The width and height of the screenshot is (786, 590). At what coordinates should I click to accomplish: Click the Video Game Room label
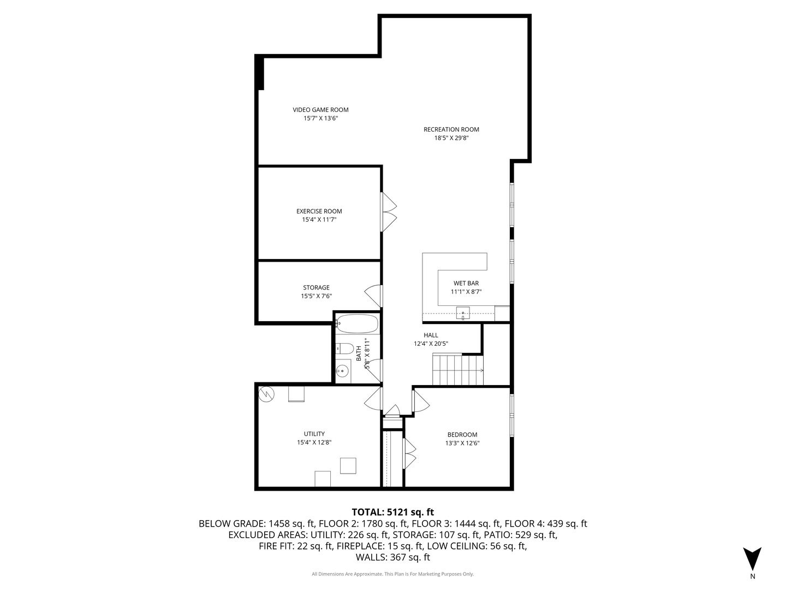click(320, 110)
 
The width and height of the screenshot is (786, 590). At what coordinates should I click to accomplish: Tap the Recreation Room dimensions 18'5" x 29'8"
click(451, 138)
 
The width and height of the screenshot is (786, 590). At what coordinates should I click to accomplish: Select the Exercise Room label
click(319, 211)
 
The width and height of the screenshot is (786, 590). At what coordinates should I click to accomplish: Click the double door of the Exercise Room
click(389, 211)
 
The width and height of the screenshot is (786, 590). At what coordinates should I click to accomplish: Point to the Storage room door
click(374, 296)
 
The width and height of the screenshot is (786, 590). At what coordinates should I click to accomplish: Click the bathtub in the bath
click(357, 323)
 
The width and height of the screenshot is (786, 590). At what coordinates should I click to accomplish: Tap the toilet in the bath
click(344, 348)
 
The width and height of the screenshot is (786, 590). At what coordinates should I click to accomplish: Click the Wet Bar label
click(466, 283)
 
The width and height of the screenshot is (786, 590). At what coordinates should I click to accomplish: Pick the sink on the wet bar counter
click(463, 313)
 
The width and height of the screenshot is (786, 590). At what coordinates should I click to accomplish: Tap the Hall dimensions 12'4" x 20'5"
click(431, 344)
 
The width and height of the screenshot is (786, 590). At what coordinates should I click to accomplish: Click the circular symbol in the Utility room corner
click(266, 393)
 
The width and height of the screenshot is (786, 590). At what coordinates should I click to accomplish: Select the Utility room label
click(314, 434)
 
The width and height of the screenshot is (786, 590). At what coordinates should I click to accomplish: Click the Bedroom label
click(462, 435)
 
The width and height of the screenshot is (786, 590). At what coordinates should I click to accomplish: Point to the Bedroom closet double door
click(409, 453)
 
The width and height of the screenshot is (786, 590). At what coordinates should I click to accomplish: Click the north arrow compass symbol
click(752, 559)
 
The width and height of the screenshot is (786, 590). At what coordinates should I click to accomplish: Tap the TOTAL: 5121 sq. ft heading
click(392, 512)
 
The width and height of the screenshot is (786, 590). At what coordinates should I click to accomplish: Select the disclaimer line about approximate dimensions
click(392, 574)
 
